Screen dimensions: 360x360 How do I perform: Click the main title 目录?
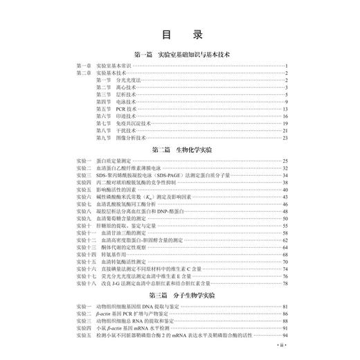tap(179, 34)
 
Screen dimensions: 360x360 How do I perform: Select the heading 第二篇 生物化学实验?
tap(179, 150)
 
